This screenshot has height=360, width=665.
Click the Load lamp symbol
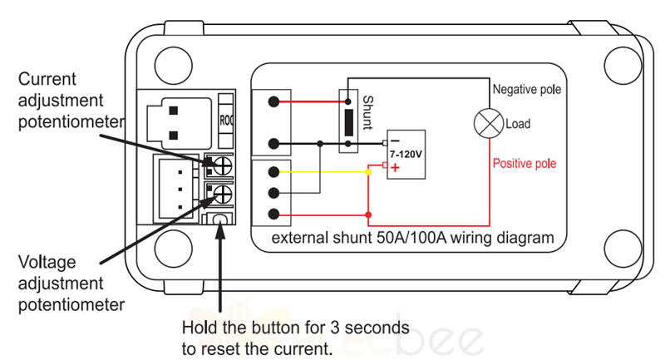click(489, 124)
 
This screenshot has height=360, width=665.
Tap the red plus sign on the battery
click(396, 168)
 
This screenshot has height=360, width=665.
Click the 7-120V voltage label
click(406, 154)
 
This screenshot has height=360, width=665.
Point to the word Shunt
click(367, 112)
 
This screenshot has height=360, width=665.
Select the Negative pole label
click(527, 90)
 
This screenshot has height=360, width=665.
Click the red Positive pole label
click(525, 164)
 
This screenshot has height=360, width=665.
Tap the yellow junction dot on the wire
click(368, 172)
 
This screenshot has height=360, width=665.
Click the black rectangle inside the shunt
click(348, 122)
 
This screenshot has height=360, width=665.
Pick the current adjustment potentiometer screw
click(223, 165)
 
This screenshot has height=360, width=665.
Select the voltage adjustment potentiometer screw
click(223, 195)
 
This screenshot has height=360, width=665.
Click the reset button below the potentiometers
click(219, 219)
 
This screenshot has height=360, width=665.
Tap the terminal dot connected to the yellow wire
click(274, 172)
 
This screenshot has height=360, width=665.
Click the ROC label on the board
click(226, 121)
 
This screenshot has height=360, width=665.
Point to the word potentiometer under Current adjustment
click(71, 122)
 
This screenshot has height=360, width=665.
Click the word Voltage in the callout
click(47, 262)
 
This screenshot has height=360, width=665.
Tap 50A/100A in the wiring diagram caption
click(411, 238)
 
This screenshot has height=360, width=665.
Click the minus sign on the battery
click(395, 141)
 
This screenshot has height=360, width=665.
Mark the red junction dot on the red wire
click(368, 215)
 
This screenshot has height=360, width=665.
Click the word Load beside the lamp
click(518, 124)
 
